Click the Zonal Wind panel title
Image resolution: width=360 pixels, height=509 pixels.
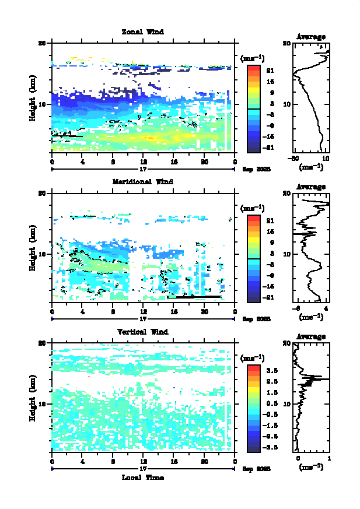click(x=142, y=31)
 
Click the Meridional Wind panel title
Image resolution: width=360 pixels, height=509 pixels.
click(x=142, y=181)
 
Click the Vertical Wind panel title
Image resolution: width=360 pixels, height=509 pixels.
click(x=142, y=332)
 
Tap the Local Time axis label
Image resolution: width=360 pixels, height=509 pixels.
click(x=142, y=477)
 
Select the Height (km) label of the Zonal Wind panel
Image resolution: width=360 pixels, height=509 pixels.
click(x=34, y=99)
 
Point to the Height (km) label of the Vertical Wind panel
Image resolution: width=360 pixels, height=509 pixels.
click(x=34, y=399)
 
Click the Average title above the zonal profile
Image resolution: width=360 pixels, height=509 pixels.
click(x=311, y=37)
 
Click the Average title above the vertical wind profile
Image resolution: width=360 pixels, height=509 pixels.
click(x=311, y=336)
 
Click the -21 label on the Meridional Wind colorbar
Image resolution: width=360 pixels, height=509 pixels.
click(x=270, y=298)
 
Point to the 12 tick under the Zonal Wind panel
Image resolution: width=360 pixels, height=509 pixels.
click(x=143, y=162)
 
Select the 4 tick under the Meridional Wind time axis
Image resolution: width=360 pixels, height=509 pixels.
click(x=82, y=311)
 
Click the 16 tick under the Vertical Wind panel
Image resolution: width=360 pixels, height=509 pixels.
click(x=174, y=462)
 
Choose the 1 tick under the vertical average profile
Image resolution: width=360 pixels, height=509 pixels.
click(x=330, y=459)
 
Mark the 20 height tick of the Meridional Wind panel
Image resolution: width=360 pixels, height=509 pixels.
click(x=42, y=193)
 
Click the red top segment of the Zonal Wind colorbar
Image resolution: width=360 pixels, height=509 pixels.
click(x=253, y=69)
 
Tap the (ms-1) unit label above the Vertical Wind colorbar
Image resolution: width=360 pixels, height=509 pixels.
click(x=253, y=357)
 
